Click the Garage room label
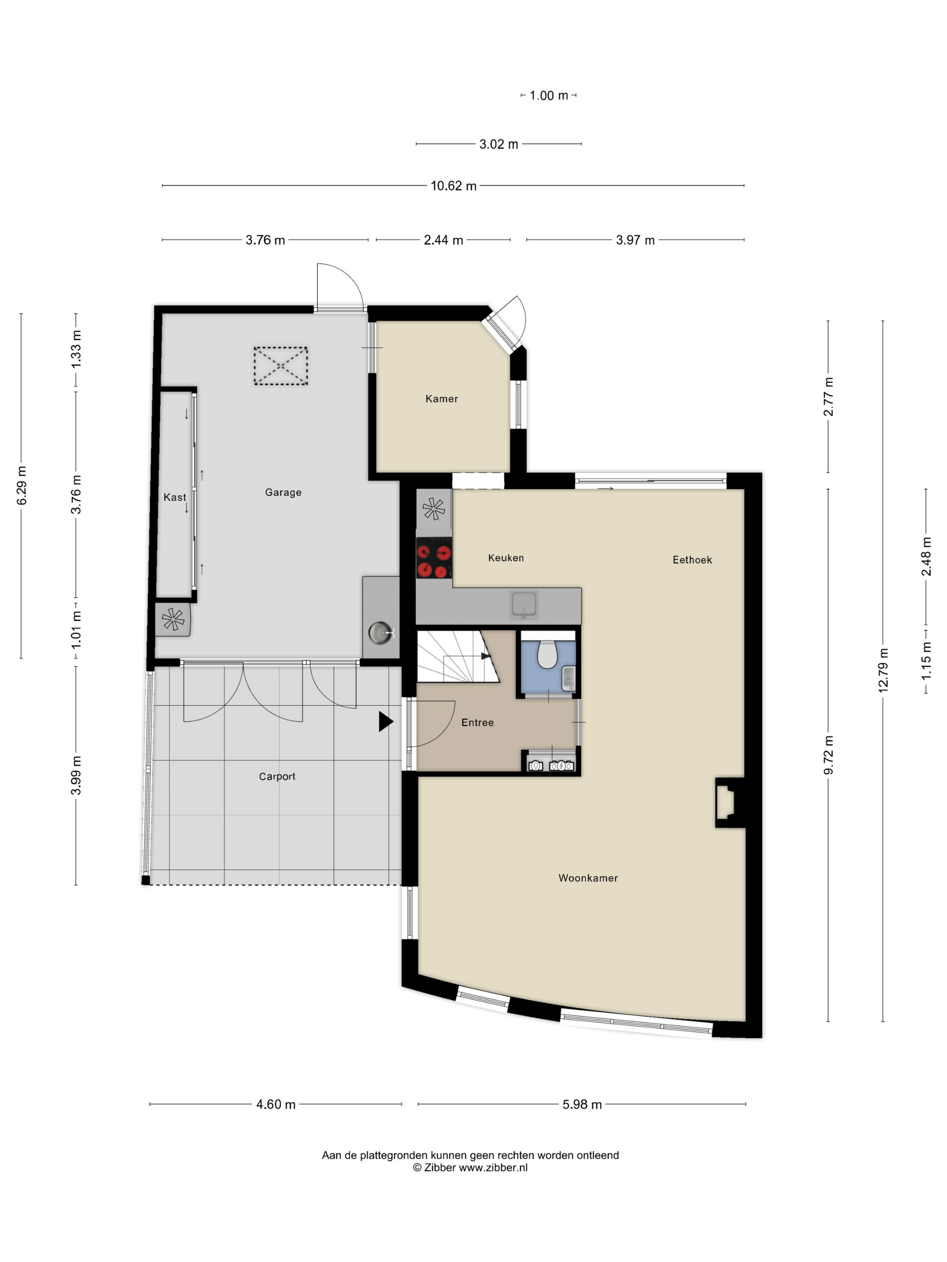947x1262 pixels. (283, 492)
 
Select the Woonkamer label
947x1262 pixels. (588, 878)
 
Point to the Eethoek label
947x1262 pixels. (692, 560)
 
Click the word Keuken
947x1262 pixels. (506, 558)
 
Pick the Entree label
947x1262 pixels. (477, 722)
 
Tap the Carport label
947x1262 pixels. (277, 777)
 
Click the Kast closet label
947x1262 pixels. (175, 498)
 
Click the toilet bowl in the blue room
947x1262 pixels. (547, 654)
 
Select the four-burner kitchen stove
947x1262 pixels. (434, 558)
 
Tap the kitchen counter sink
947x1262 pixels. (524, 605)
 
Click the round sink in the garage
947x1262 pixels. (381, 633)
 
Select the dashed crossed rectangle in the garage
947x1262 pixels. (280, 366)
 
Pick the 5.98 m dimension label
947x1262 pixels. (582, 1105)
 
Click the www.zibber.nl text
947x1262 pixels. (493, 1167)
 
